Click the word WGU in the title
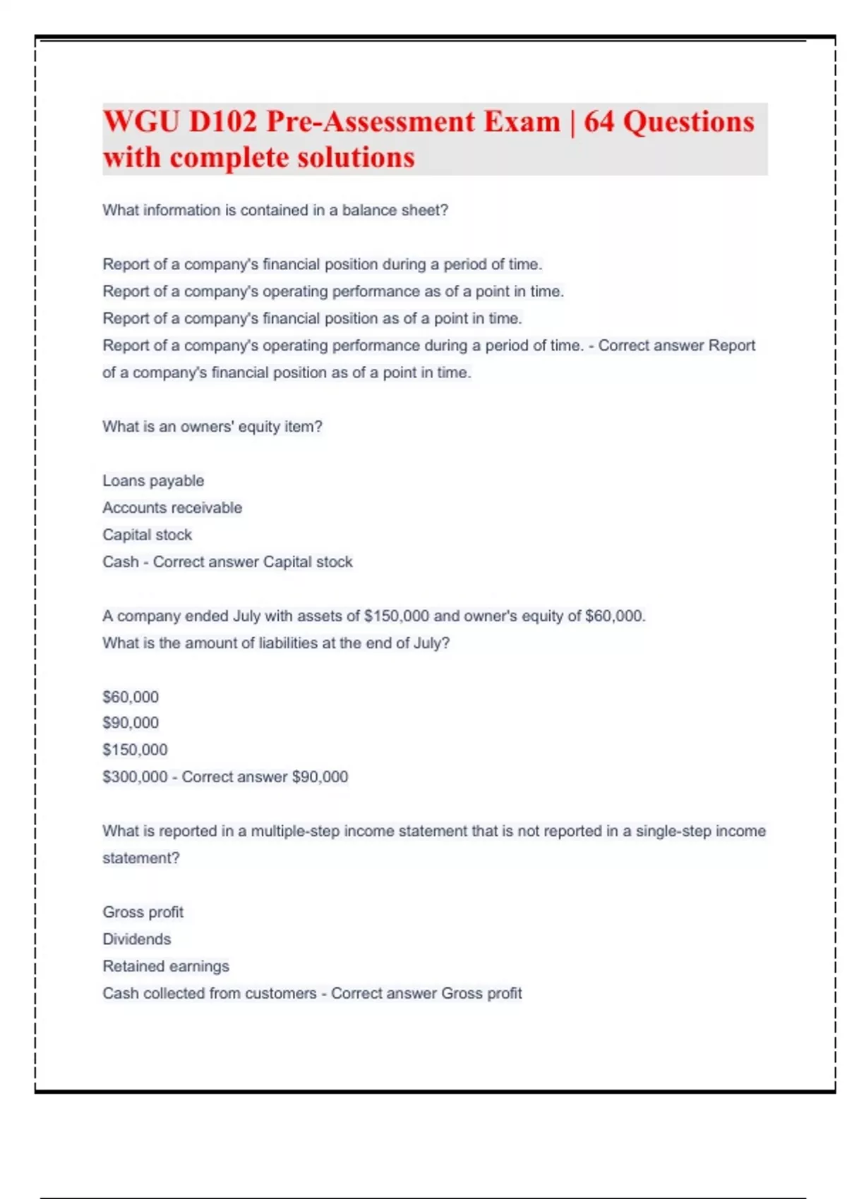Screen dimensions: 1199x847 pyautogui.click(x=140, y=121)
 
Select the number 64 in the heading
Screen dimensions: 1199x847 pyautogui.click(x=599, y=121)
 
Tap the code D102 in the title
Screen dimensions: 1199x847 pyautogui.click(x=222, y=121)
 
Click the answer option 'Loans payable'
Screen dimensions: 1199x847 pyautogui.click(x=153, y=481)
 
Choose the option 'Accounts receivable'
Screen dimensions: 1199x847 pyautogui.click(x=172, y=508)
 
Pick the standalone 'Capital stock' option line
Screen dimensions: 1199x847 pyautogui.click(x=147, y=535)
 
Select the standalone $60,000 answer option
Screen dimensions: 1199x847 pyautogui.click(x=131, y=697)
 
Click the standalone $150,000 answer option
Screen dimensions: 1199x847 pyautogui.click(x=135, y=750)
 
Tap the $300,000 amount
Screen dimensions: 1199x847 pyautogui.click(x=135, y=777)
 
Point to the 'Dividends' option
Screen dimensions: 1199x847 pyautogui.click(x=137, y=939)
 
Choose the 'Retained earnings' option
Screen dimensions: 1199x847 pyautogui.click(x=166, y=966)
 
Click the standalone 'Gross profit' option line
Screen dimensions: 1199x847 pyautogui.click(x=143, y=912)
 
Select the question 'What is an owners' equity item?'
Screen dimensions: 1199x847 pyautogui.click(x=212, y=427)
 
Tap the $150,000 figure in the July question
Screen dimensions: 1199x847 pyautogui.click(x=396, y=616)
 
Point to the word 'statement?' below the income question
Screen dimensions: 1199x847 pyautogui.click(x=141, y=858)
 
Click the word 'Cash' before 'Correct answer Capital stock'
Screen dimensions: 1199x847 pyautogui.click(x=120, y=562)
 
